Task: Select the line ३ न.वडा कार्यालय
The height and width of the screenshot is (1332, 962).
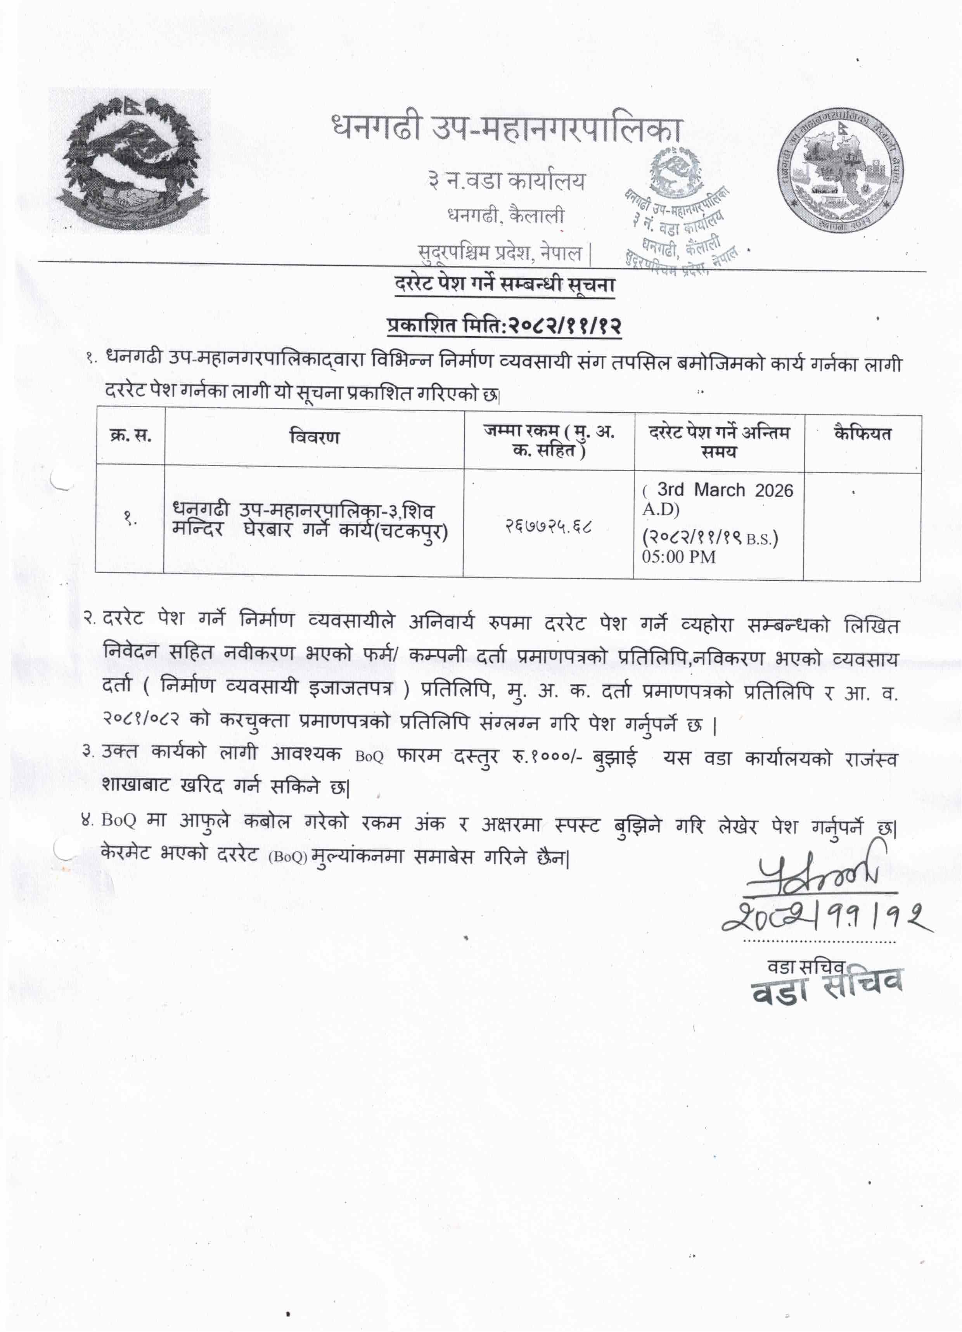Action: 506,181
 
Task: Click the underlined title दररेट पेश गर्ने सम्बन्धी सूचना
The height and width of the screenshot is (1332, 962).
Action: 505,285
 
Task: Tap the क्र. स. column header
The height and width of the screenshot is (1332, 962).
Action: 130,436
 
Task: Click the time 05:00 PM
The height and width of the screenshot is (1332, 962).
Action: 678,557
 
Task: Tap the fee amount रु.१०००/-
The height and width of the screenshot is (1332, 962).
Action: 546,757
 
